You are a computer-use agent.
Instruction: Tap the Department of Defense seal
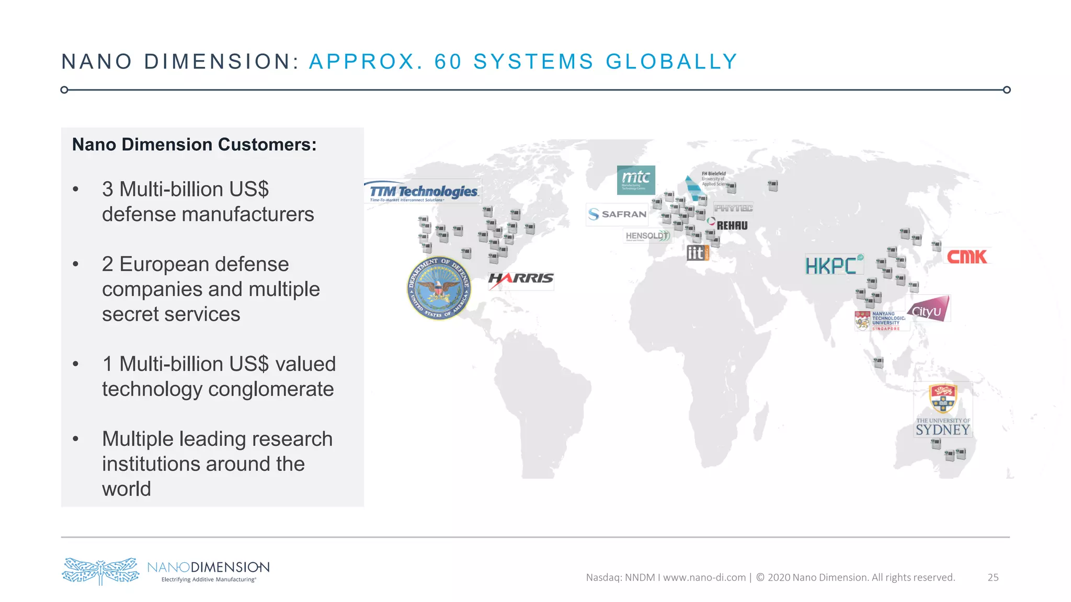439,288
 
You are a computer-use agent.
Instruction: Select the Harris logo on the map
521,279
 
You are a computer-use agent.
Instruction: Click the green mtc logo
636,180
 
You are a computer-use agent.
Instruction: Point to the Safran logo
618,214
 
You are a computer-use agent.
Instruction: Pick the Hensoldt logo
647,236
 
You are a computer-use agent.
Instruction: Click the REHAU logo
731,226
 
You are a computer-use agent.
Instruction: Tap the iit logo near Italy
698,253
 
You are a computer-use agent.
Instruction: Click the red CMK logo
967,257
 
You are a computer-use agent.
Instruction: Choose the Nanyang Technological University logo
882,321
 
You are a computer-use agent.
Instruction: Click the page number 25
993,577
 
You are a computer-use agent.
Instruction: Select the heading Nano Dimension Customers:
194,145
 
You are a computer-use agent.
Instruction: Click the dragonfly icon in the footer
100,571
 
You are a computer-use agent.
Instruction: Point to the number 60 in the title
448,62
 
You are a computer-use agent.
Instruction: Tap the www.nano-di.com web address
704,577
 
